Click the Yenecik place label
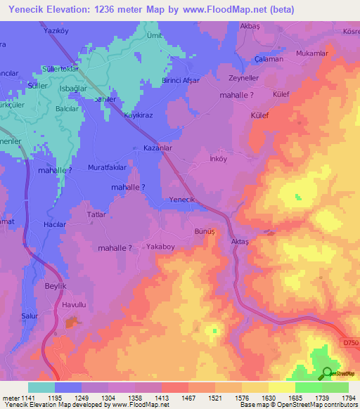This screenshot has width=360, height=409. point(181,200)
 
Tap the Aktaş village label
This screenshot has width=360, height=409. point(240,241)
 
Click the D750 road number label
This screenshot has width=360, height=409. point(350,342)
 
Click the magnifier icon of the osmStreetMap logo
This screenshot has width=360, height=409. point(327,374)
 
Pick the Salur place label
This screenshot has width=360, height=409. point(30,317)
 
